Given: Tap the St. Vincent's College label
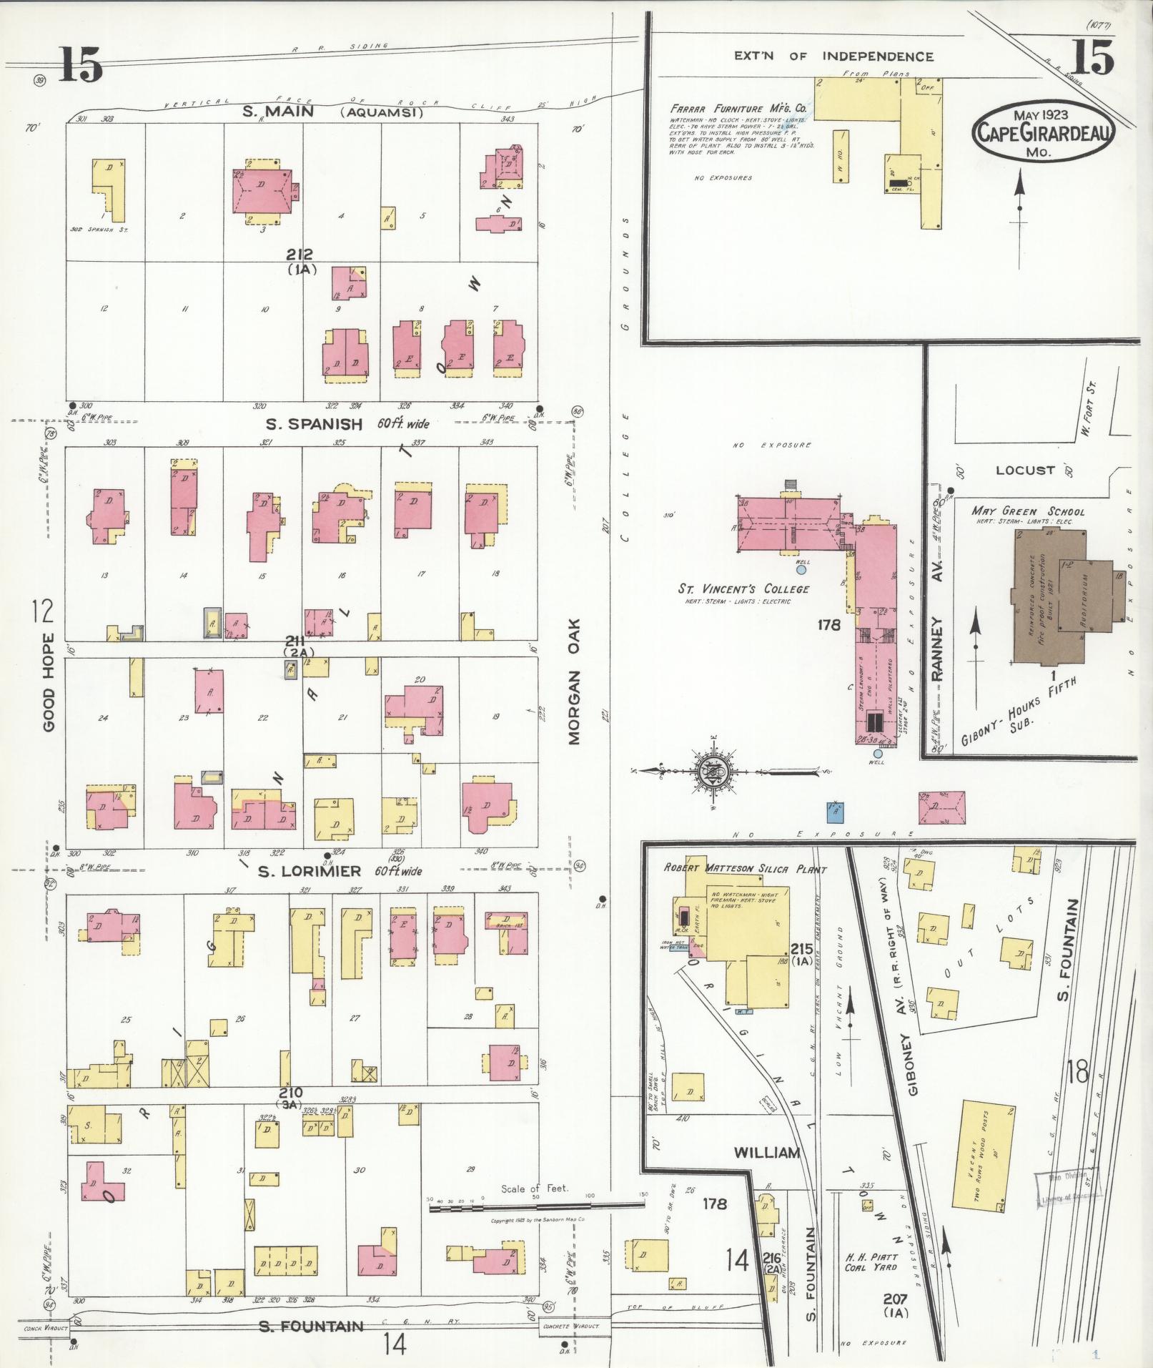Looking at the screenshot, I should pyautogui.click(x=743, y=589).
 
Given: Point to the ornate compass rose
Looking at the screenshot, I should pyautogui.click(x=713, y=771).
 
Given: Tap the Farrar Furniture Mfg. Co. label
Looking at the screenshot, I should pyautogui.click(x=738, y=109).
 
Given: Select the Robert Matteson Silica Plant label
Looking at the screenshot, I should pyautogui.click(x=745, y=870).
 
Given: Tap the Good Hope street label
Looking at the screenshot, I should pyautogui.click(x=49, y=681).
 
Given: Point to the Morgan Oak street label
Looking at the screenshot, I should pyautogui.click(x=575, y=682).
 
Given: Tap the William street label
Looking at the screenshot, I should pyautogui.click(x=766, y=1153).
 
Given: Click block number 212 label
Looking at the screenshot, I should pyautogui.click(x=301, y=255).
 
